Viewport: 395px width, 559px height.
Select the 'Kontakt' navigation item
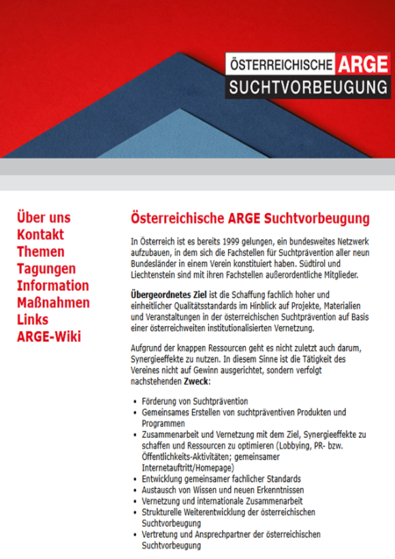pyautogui.click(x=41, y=234)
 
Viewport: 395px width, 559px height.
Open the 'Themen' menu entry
pyautogui.click(x=40, y=251)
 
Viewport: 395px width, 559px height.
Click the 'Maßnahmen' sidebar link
pyautogui.click(x=53, y=302)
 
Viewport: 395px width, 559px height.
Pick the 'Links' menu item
pyautogui.click(x=32, y=319)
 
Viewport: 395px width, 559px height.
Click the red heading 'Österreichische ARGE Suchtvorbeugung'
pyautogui.click(x=249, y=217)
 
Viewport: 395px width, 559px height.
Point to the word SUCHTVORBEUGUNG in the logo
pyautogui.click(x=306, y=88)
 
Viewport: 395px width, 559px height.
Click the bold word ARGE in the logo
pyautogui.click(x=361, y=65)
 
